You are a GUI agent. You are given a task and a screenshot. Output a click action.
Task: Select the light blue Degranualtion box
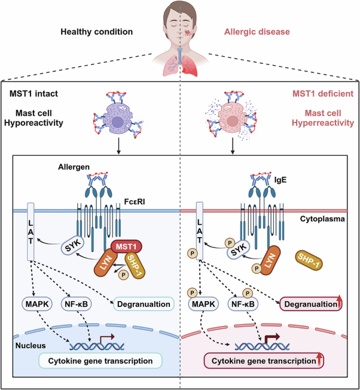[144, 304]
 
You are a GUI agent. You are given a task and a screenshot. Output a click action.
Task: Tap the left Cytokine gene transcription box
[100, 360]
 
